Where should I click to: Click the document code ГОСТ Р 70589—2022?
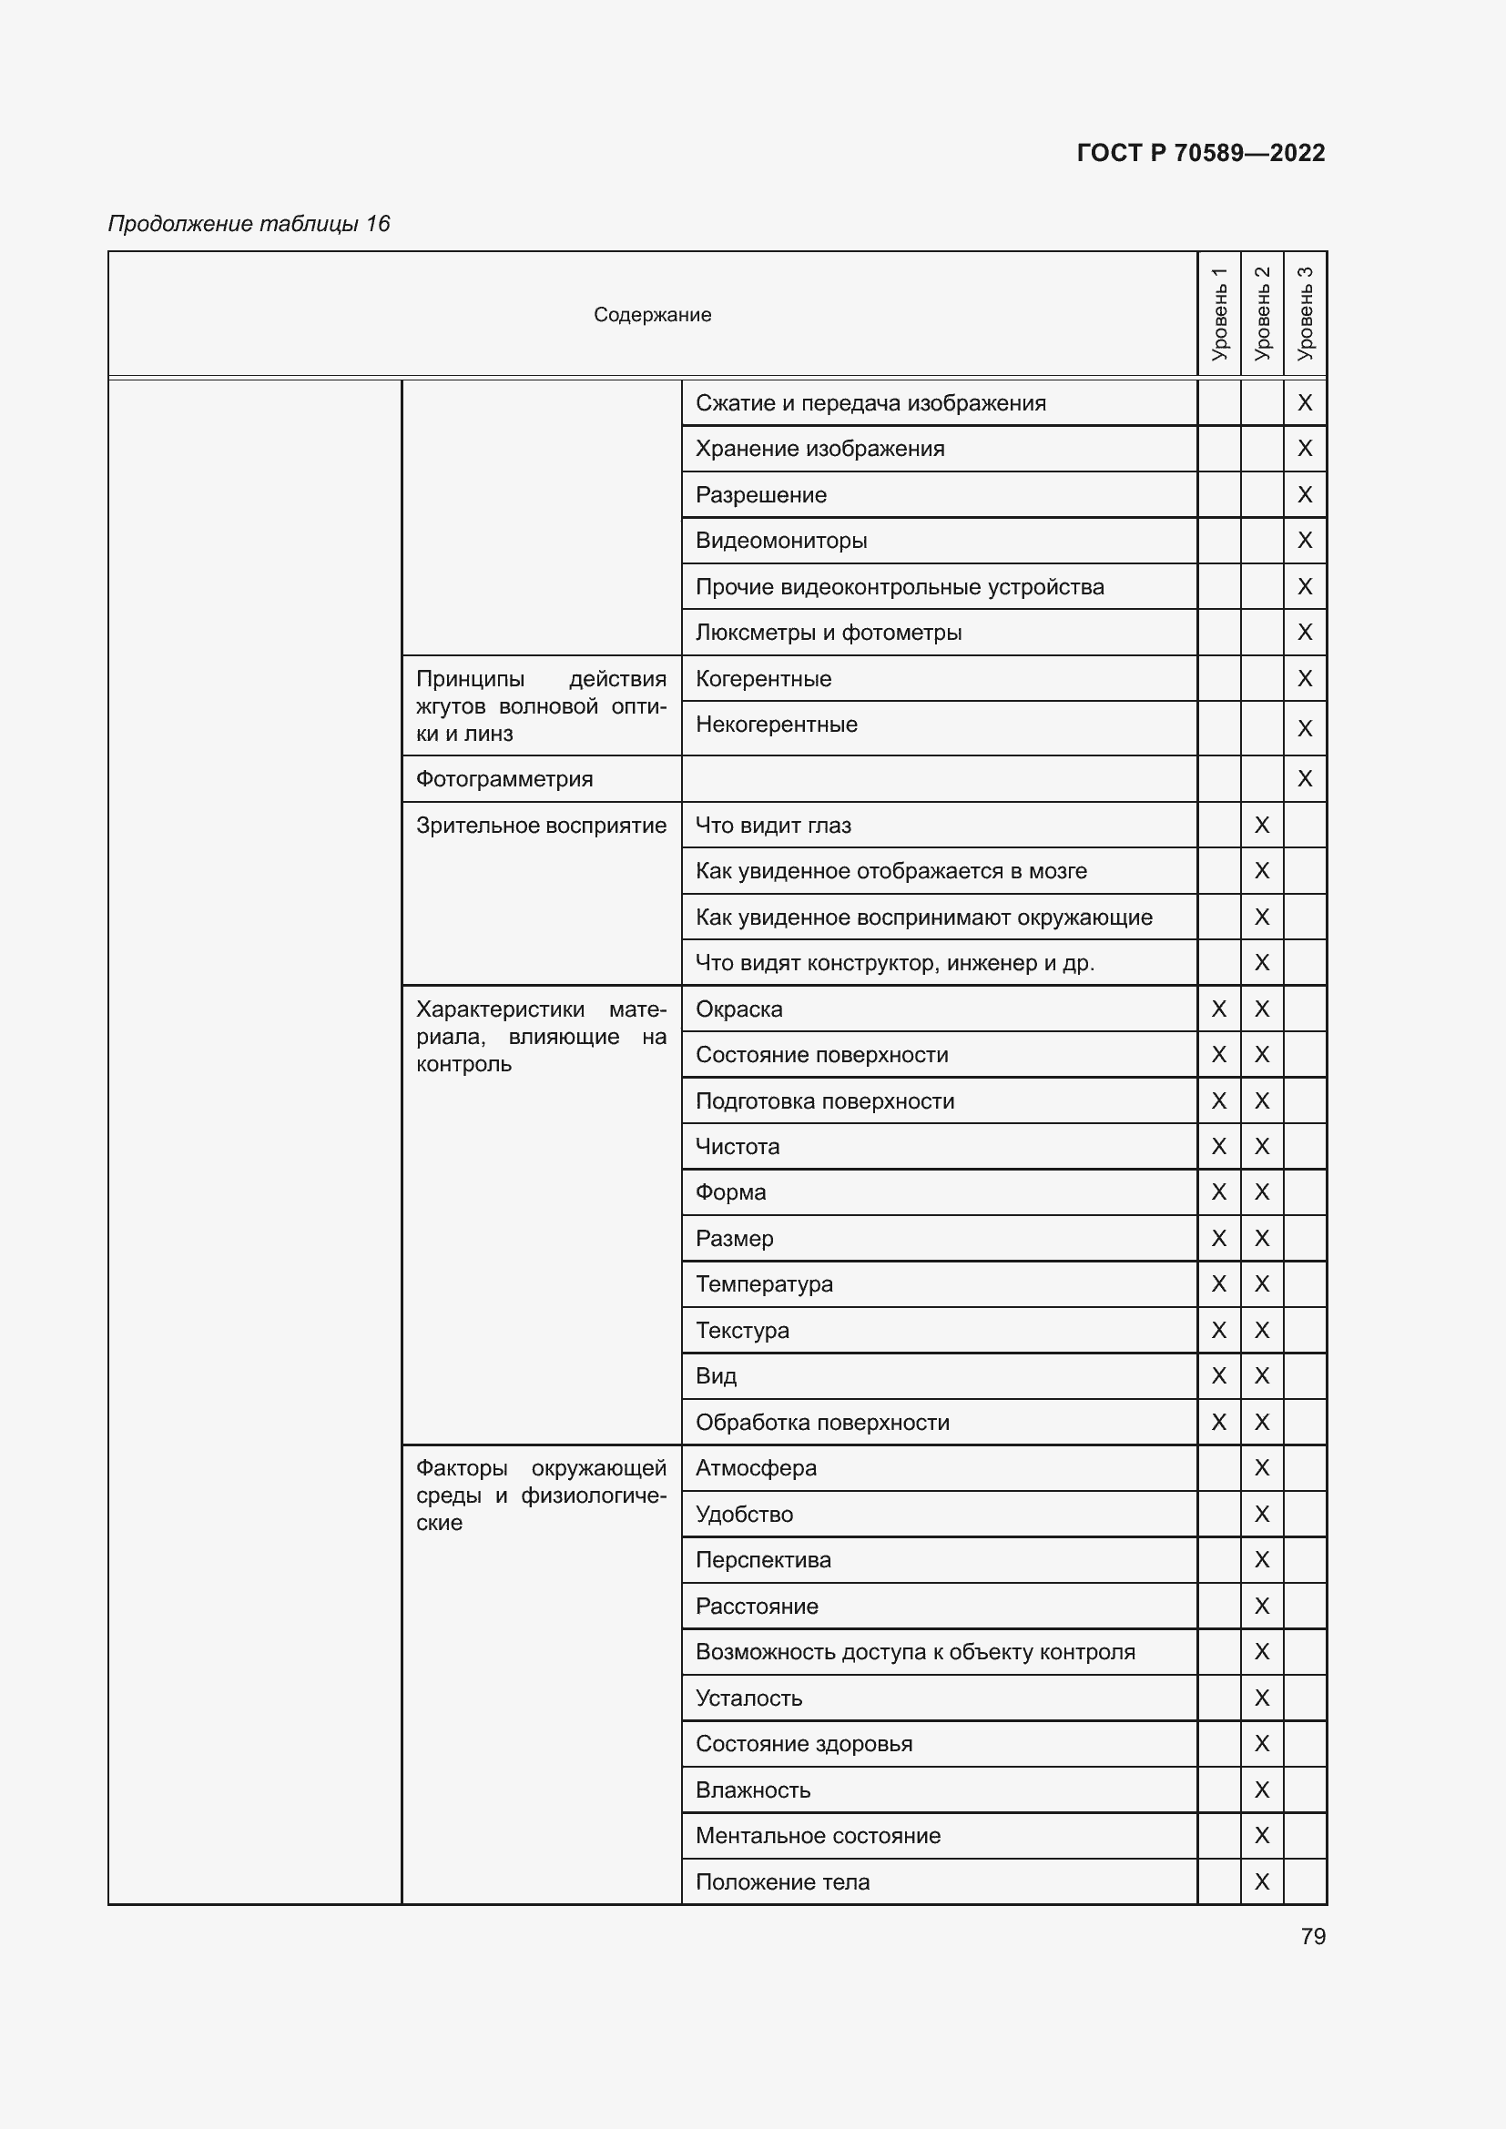click(x=1200, y=153)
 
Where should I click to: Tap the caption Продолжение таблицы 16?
click(x=249, y=224)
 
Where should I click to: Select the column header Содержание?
click(x=652, y=315)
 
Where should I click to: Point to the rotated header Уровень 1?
click(x=1218, y=313)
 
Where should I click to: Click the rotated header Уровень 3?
click(x=1305, y=313)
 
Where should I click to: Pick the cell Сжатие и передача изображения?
click(x=870, y=403)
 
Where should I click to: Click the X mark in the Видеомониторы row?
click(x=1305, y=541)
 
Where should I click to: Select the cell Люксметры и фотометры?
click(x=828, y=633)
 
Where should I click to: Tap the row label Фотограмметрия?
click(x=504, y=779)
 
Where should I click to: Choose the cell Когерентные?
click(x=763, y=679)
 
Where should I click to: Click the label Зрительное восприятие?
click(x=541, y=826)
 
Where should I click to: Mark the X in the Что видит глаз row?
click(x=1261, y=826)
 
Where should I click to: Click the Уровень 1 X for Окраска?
click(x=1218, y=1009)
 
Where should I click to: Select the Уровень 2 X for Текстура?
click(x=1261, y=1331)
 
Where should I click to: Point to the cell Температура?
click(x=764, y=1284)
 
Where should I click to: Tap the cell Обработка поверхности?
click(x=821, y=1423)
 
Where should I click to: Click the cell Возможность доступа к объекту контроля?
click(x=914, y=1651)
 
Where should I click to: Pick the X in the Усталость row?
click(x=1261, y=1698)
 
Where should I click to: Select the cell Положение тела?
click(x=782, y=1881)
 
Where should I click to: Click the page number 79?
click(x=1312, y=1936)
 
